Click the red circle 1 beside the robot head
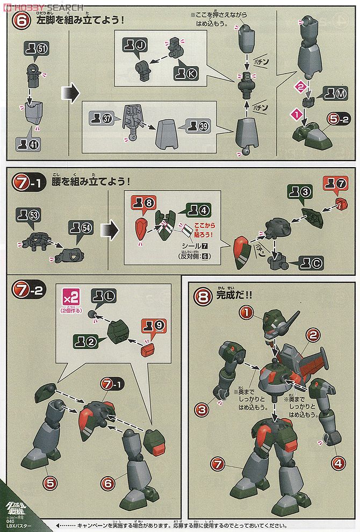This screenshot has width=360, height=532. coord(246,312)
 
